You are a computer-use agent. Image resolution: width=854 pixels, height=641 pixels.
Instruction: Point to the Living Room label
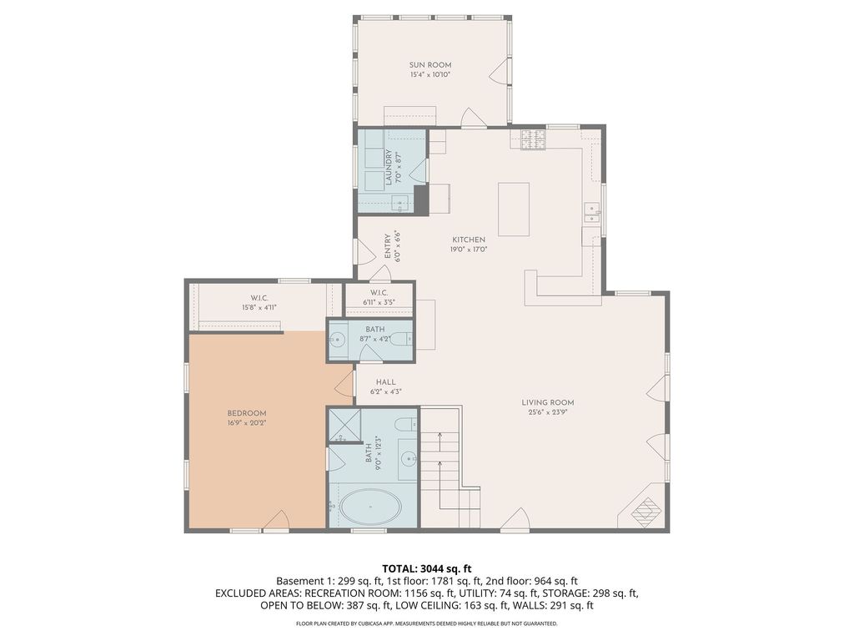point(550,402)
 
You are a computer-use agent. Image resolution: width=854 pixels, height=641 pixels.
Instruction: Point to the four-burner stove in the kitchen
point(534,139)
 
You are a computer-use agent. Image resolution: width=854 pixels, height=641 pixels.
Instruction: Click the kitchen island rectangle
point(514,209)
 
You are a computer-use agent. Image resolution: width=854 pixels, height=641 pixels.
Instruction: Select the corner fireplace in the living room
point(647,509)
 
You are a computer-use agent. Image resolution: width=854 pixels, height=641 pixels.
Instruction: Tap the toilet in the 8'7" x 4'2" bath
point(401,339)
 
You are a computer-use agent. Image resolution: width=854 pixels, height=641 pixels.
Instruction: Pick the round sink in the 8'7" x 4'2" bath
point(338,340)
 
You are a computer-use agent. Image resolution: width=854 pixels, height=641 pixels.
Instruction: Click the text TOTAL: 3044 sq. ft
point(427,568)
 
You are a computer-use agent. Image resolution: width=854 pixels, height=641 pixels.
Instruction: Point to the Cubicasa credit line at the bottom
point(427,623)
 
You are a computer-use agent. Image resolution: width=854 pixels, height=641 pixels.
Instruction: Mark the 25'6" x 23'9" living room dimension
point(550,412)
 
